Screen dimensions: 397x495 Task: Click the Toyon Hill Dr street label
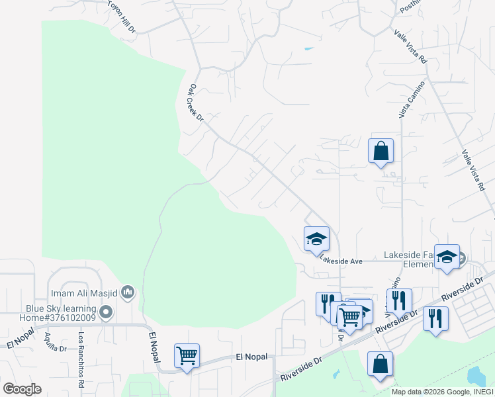[x=122, y=18]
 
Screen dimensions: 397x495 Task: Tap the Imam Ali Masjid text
[x=85, y=292]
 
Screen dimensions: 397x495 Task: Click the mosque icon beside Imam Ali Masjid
[x=128, y=292]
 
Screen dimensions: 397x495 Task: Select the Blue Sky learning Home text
[x=61, y=313]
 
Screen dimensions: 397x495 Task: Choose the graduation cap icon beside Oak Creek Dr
[x=316, y=238]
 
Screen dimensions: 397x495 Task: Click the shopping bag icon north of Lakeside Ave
[x=381, y=151]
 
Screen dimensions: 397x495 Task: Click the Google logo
[x=22, y=389]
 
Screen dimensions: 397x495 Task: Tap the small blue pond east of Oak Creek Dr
[x=308, y=49]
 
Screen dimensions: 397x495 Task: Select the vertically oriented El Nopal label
[x=154, y=347]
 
